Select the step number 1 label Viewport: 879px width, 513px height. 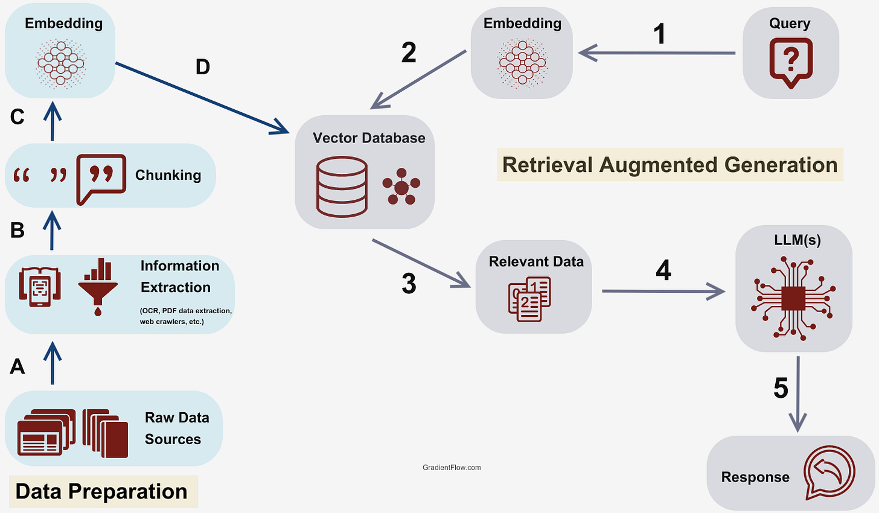click(x=660, y=34)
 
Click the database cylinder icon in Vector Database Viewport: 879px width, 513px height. click(x=342, y=186)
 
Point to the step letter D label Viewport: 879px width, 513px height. click(x=203, y=67)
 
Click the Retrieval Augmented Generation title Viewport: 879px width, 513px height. click(x=670, y=165)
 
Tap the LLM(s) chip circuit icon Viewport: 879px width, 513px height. click(x=793, y=294)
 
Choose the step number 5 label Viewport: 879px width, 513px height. click(x=781, y=389)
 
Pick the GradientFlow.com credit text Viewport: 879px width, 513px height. click(x=452, y=467)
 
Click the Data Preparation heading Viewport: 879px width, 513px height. click(x=101, y=491)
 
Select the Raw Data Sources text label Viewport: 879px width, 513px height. click(x=176, y=429)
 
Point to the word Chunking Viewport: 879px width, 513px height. click(x=168, y=175)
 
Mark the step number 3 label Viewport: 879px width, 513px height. click(x=409, y=284)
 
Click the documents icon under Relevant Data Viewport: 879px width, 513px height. click(x=529, y=298)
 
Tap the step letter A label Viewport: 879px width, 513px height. click(x=18, y=366)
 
